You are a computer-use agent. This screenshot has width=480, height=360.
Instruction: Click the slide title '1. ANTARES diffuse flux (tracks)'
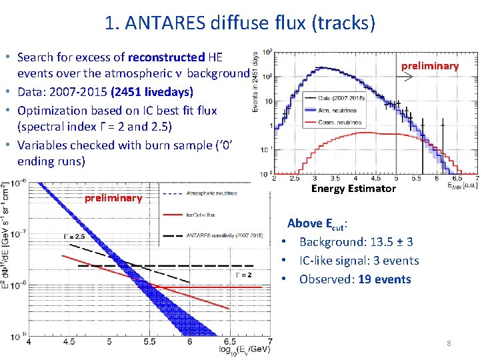pos(240,23)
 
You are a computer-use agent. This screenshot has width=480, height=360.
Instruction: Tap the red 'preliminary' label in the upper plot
pos(429,65)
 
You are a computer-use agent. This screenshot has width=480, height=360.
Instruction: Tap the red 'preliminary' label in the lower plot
pos(113,197)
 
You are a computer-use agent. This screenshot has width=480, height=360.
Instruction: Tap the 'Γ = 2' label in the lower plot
pos(242,274)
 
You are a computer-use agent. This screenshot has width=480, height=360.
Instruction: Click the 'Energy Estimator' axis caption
pos(353,189)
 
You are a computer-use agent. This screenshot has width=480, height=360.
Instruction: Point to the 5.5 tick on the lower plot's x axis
pos(149,341)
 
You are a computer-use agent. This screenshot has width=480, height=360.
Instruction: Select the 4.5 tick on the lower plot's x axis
pos(68,341)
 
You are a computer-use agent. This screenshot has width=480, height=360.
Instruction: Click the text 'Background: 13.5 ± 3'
pos(356,242)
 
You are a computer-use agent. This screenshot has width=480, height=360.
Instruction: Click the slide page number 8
pos(449,343)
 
